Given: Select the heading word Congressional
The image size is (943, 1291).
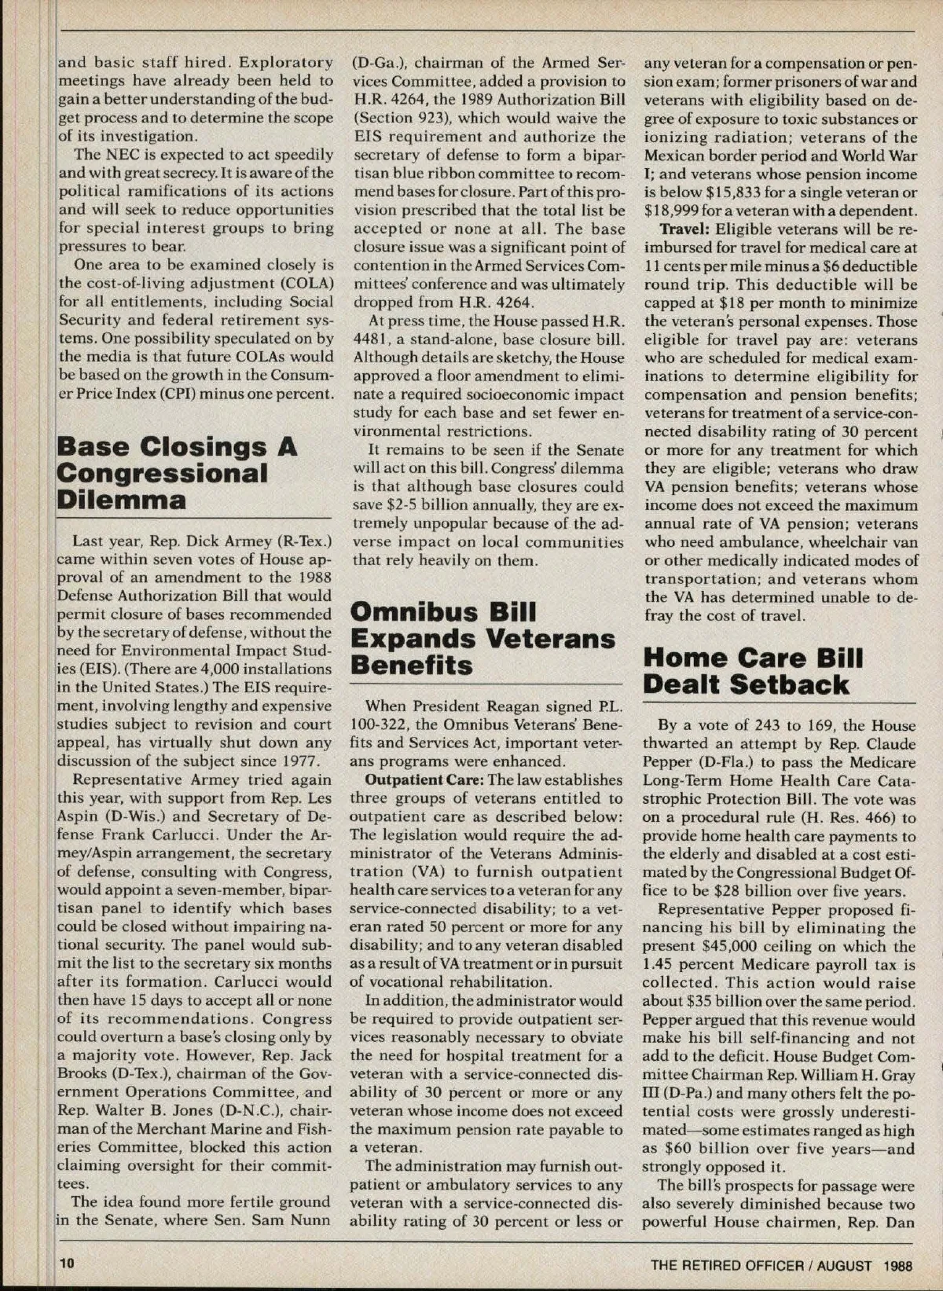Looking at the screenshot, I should point(163,473).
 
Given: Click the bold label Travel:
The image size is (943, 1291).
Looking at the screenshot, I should point(684,229).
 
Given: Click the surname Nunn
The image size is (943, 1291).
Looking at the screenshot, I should point(312,1220).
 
